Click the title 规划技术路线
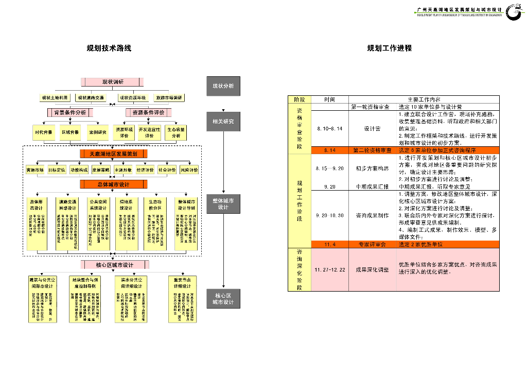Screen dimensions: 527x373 pos(109,48)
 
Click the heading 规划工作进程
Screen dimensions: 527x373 pos(389,48)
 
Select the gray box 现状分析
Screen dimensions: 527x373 pos(223,86)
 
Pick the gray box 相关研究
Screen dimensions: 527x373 pos(223,122)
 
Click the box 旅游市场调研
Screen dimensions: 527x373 pos(169,97)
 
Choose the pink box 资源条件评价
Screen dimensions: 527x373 pos(149,112)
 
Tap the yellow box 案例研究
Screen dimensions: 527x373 pos(97,132)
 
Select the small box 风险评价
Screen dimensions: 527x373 pos(189,169)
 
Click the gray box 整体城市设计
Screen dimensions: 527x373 pos(223,204)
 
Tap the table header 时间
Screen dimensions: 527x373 pos(329,99)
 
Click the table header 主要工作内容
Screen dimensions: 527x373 pos(424,99)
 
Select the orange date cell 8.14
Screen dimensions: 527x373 pos(329,150)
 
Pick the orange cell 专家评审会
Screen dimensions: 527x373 pos(372,244)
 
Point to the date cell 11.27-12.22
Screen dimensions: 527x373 pos(329,270)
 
